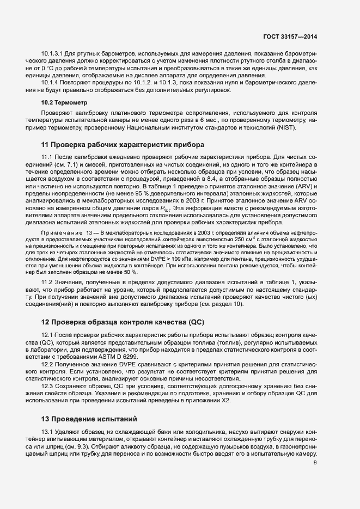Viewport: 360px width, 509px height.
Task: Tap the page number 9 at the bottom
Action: click(315, 463)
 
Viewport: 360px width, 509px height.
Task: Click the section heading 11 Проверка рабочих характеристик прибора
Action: click(123, 145)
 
